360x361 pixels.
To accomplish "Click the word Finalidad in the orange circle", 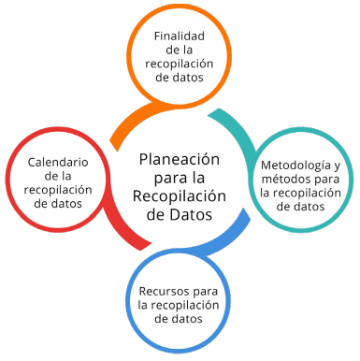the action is pos(180,36).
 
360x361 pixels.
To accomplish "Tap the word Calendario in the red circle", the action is pos(58,163).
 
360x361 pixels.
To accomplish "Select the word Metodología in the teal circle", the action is pos(295,166).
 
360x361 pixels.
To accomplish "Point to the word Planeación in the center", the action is pos(180,160).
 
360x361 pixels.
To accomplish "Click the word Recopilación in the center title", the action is pos(180,196).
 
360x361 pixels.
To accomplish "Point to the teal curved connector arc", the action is pos(241,129).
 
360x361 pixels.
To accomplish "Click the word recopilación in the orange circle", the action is pos(180,64).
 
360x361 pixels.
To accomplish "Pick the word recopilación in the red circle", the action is pos(58,190).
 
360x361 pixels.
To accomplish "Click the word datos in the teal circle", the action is pos(309,207).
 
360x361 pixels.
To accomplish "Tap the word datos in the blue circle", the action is pos(186,319).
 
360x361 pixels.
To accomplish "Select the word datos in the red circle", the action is pos(66,204).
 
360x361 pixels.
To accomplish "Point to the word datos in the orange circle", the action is pos(188,78).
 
